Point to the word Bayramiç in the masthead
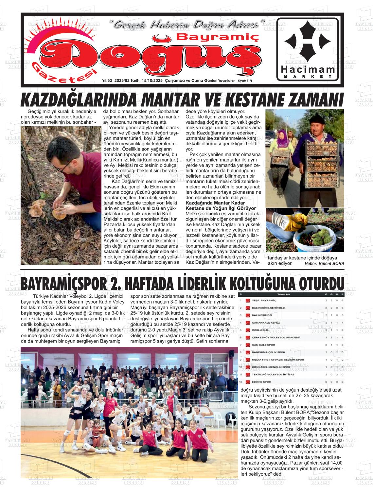[x=217, y=38]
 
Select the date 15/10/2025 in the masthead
[x=152, y=80]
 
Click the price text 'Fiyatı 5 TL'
[x=245, y=81]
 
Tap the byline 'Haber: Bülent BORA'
[x=324, y=263]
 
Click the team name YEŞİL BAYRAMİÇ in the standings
[x=264, y=300]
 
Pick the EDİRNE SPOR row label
[x=261, y=382]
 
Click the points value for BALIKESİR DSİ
[x=342, y=315]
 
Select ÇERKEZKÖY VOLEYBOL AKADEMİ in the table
[x=275, y=337]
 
